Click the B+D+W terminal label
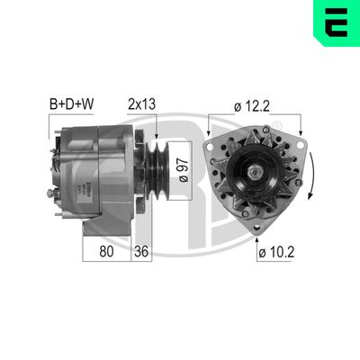coord(70,103)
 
